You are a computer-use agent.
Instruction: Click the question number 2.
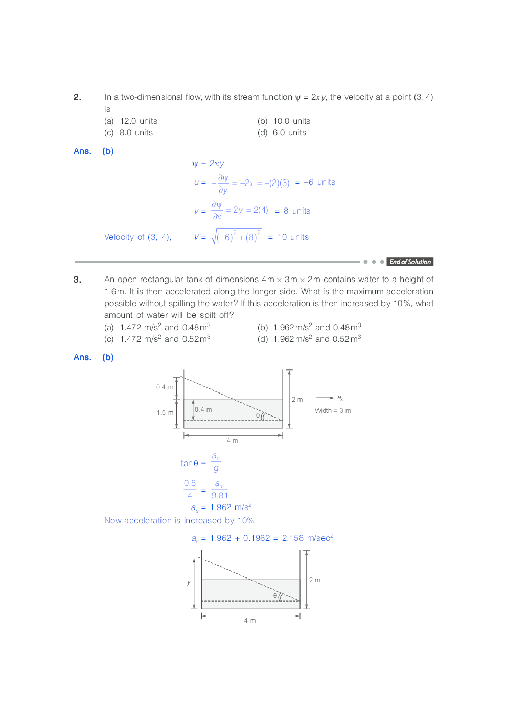tap(77, 97)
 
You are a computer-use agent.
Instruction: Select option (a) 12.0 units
tap(131, 121)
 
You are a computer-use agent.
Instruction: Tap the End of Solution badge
tap(410, 262)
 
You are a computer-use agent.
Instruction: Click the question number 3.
tap(77, 280)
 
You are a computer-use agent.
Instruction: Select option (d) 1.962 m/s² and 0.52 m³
tap(309, 339)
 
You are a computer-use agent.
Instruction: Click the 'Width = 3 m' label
tap(333, 410)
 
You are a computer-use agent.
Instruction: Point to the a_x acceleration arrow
tap(325, 398)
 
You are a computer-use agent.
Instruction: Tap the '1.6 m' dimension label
tap(165, 413)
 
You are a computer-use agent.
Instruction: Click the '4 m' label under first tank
tap(232, 440)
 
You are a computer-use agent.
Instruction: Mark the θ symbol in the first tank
tap(258, 415)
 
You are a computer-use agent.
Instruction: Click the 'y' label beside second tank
tap(189, 582)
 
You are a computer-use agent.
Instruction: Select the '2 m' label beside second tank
tap(314, 580)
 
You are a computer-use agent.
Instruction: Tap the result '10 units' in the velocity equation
tap(293, 237)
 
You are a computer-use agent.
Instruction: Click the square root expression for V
tap(236, 237)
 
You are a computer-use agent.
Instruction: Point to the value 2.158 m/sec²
tap(307, 538)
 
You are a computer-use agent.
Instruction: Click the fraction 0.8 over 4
tap(190, 489)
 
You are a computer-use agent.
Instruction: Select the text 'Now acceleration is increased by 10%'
tap(179, 520)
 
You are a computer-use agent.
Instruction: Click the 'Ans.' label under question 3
tap(82, 357)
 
